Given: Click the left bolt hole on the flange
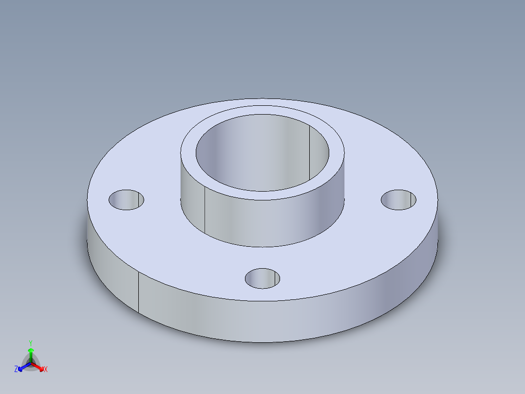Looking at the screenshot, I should coord(126,200).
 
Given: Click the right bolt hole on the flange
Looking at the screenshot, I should coord(398,200).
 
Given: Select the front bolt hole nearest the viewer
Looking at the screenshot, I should coord(262,278).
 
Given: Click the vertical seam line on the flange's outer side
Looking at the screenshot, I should coord(139,293).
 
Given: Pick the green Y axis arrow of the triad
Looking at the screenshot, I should coord(31,352).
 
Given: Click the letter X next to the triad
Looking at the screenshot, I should coord(46,370).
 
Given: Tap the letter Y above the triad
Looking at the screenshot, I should coord(31,343).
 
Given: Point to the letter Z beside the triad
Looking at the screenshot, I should coord(16,369).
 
